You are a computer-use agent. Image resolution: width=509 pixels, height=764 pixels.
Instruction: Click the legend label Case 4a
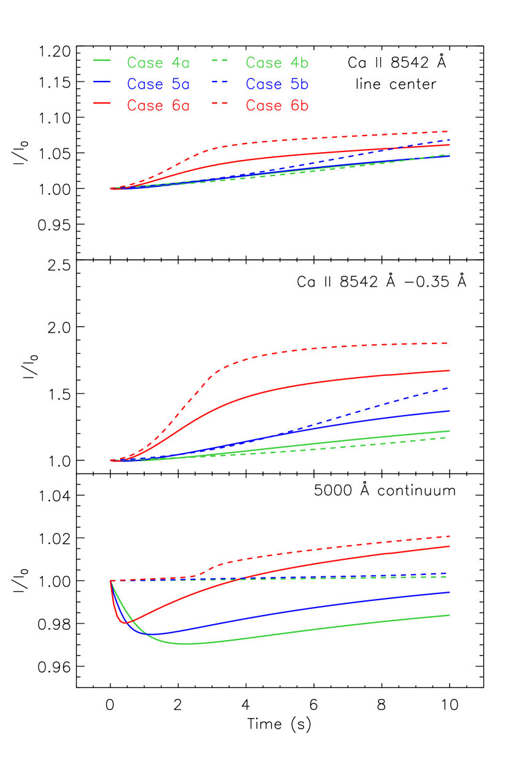(x=158, y=63)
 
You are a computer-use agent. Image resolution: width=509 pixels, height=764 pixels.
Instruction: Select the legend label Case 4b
(x=277, y=63)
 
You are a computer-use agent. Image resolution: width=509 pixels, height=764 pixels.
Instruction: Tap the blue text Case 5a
(x=158, y=84)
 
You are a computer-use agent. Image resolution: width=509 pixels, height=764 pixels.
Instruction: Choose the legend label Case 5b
(x=277, y=84)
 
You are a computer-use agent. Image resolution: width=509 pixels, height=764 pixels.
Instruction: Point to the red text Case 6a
(x=158, y=105)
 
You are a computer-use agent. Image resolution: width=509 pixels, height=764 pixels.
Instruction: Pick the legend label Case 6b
(x=277, y=105)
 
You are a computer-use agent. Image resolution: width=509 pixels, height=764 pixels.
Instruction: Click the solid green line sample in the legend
(x=102, y=61)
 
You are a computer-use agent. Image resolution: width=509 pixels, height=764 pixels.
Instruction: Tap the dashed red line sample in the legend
(x=220, y=103)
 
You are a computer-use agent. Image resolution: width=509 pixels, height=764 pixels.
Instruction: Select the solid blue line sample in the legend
(x=102, y=82)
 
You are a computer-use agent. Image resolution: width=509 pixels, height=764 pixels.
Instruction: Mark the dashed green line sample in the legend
(x=220, y=61)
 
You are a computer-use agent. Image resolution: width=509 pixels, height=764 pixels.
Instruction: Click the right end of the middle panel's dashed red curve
(x=450, y=343)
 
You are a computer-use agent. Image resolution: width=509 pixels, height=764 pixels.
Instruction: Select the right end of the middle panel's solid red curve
(x=450, y=370)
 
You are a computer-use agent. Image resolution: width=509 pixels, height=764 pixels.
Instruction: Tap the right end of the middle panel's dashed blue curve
(x=450, y=388)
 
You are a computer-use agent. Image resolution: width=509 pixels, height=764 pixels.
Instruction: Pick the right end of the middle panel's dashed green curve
(x=450, y=437)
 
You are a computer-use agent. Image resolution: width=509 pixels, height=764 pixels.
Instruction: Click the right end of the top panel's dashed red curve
(x=450, y=131)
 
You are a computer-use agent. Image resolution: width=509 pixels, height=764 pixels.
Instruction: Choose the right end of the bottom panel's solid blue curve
(x=450, y=592)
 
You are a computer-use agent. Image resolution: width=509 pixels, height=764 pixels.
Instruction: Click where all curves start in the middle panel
(x=111, y=460)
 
